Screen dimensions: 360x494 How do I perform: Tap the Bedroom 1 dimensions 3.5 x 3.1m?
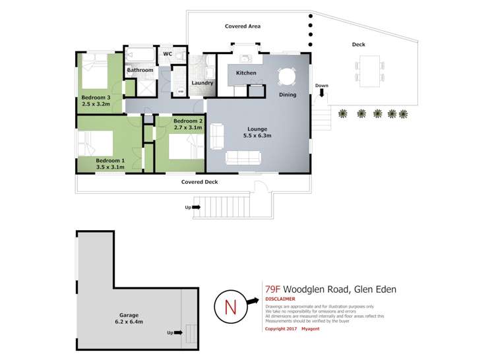(110, 167)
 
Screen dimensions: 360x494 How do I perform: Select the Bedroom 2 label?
(187, 121)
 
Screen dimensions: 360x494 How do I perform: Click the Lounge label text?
(257, 129)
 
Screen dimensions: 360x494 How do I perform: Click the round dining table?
(288, 77)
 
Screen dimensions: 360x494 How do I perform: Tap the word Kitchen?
(246, 73)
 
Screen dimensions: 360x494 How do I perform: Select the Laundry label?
(202, 83)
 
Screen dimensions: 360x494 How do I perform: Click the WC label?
(167, 54)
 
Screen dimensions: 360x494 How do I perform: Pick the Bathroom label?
(140, 70)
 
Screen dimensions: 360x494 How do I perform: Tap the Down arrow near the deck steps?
(321, 94)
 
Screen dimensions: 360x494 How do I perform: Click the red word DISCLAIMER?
(280, 299)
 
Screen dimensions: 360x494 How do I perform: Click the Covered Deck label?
(200, 182)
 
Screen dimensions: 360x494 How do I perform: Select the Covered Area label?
(243, 26)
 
